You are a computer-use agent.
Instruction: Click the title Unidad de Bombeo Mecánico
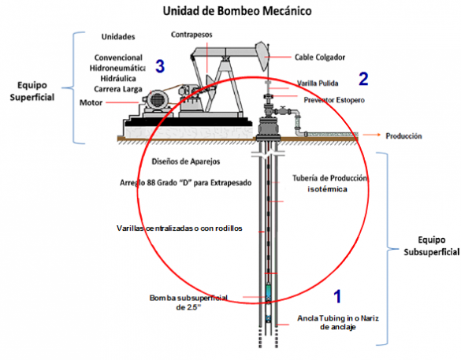237,11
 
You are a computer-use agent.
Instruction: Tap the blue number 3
160,66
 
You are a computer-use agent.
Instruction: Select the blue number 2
363,79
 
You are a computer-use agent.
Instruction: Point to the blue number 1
337,296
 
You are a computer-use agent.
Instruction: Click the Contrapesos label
191,35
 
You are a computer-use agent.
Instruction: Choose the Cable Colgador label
320,57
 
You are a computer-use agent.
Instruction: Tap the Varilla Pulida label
318,84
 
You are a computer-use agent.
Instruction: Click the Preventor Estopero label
334,100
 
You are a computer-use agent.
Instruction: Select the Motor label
91,102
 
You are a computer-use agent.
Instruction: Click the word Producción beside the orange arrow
403,135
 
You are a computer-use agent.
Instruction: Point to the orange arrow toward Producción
372,135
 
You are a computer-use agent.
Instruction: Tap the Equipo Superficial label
32,91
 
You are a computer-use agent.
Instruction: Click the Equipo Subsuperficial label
431,246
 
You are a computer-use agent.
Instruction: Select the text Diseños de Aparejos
186,161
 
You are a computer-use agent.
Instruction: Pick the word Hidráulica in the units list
118,79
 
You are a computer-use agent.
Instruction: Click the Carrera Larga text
118,89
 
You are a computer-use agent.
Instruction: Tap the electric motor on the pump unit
156,102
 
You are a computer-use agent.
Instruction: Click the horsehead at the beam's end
262,56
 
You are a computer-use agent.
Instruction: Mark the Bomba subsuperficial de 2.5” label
188,302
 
